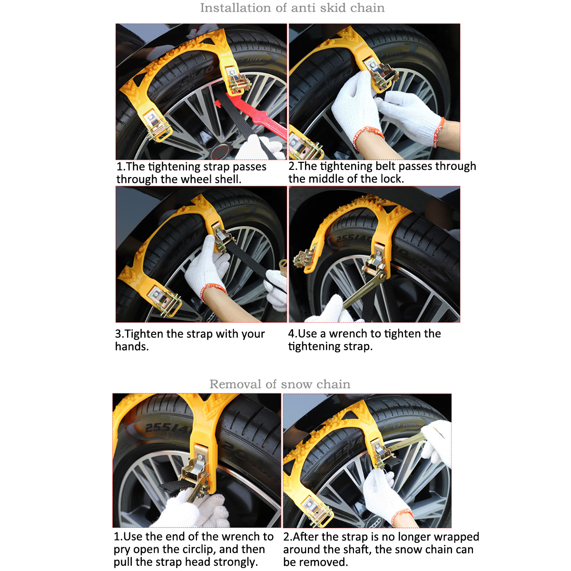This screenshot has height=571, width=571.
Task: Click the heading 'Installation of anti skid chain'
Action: tap(292, 8)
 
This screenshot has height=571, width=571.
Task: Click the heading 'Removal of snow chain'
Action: tap(280, 384)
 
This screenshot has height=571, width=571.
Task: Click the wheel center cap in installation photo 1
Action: tap(220, 152)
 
